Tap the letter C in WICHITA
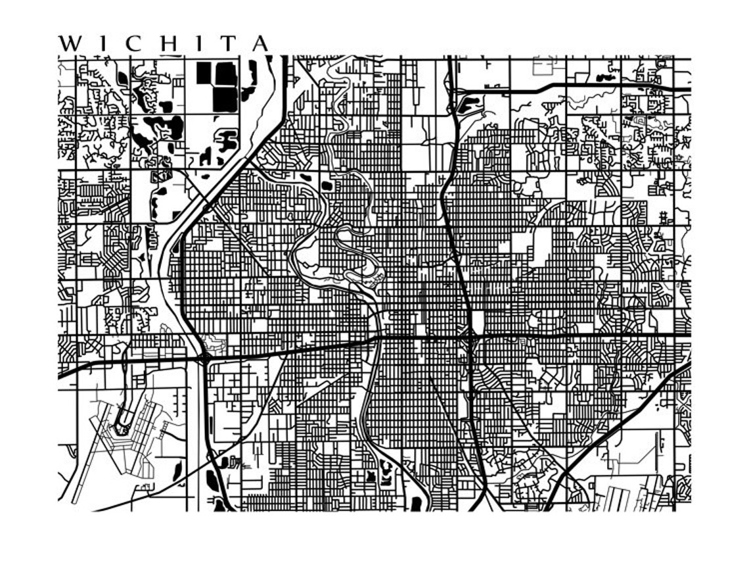134,43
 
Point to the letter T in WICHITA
227,43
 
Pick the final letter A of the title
260,43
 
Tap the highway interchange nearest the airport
206,357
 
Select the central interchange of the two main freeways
470,337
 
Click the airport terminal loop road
122,421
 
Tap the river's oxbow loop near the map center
355,253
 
